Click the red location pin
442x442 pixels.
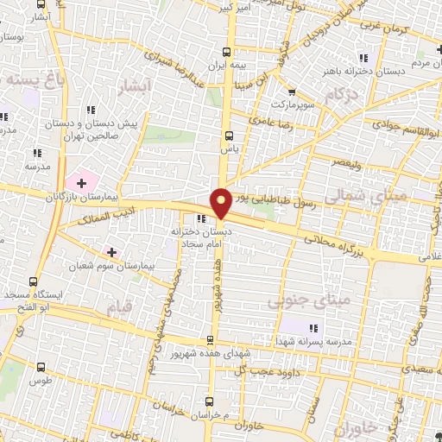(221, 202)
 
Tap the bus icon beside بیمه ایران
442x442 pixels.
(227, 51)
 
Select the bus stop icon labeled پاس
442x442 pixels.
(229, 136)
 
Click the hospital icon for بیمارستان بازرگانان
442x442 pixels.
(81, 183)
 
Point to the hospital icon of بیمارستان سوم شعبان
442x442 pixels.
(111, 251)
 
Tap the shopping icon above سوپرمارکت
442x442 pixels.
(290, 92)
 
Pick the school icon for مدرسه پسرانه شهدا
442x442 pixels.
(313, 327)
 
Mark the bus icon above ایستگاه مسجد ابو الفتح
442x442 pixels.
(33, 281)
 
